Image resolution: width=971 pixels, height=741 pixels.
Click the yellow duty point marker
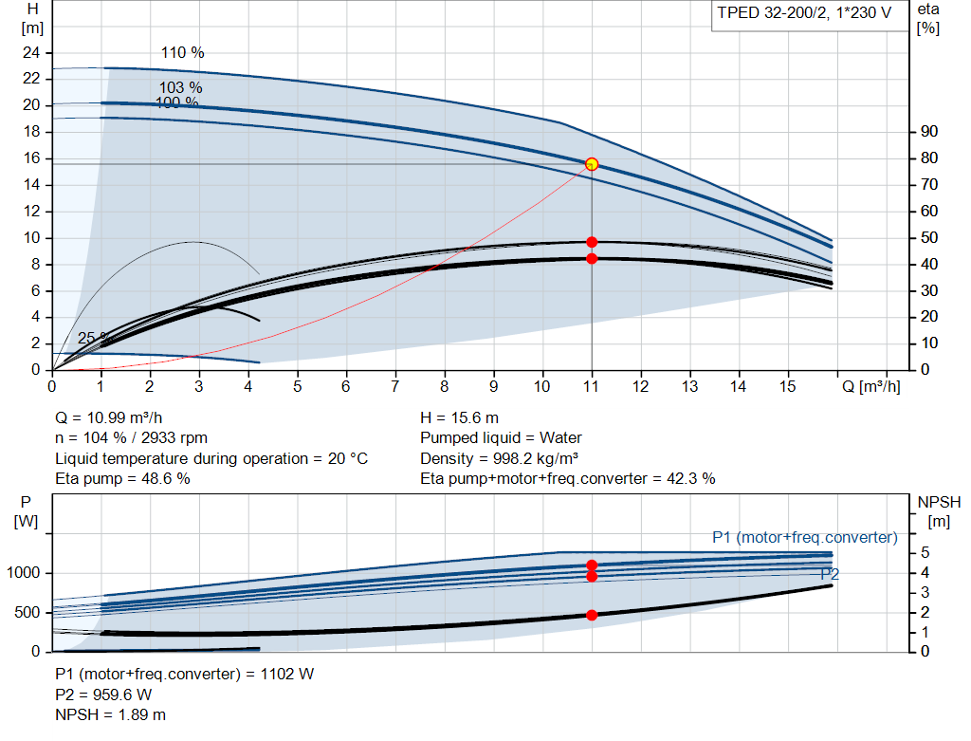(592, 164)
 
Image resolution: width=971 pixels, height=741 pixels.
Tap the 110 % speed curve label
(183, 53)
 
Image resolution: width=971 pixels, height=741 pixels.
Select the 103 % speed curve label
(181, 87)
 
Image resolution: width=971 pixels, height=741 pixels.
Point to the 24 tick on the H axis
(31, 53)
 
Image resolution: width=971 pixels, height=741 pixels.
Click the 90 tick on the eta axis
(929, 131)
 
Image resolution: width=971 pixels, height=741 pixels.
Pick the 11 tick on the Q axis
(591, 386)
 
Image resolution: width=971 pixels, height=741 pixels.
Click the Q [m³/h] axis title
(870, 386)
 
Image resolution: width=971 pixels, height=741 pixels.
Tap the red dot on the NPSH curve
(592, 615)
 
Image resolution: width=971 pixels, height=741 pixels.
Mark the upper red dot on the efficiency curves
(592, 242)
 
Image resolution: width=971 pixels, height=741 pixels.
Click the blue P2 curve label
(830, 574)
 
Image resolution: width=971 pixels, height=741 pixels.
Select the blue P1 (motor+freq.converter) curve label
(804, 537)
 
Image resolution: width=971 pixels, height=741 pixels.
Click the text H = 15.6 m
(460, 417)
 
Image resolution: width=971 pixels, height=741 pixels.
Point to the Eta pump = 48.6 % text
(122, 478)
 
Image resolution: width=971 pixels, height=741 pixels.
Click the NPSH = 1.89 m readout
(110, 714)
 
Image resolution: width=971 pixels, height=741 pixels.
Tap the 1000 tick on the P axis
(23, 573)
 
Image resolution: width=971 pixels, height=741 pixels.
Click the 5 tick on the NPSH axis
(925, 552)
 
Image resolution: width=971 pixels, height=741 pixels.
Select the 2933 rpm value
(174, 438)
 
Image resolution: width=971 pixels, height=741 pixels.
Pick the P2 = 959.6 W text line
(103, 695)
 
